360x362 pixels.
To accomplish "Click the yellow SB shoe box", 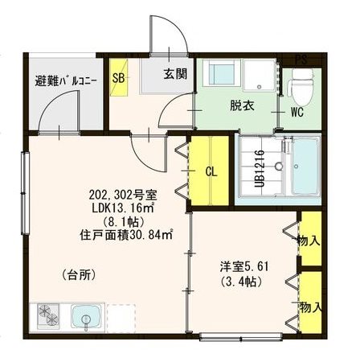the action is tap(119, 77).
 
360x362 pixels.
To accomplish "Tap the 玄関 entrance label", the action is tap(175, 74).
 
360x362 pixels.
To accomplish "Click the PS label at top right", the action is tap(301, 60).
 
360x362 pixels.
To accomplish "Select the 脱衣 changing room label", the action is tap(242, 106).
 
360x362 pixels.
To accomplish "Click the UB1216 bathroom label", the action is tap(260, 169).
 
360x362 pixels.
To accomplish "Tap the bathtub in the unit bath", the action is tap(305, 167).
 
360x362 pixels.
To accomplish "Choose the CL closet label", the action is tap(211, 172).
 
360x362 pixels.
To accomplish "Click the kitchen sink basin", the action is tap(85, 317).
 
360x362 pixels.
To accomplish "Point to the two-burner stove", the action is tap(48, 316).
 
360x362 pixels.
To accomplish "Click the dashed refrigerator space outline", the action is tap(121, 318).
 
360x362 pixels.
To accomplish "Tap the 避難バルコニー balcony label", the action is tap(66, 81).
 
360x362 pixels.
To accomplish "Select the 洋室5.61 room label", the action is tap(244, 267).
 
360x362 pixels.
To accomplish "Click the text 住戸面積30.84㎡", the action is tap(126, 235).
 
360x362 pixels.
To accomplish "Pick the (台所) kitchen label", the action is tap(79, 275).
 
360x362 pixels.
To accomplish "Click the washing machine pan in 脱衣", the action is tap(260, 76).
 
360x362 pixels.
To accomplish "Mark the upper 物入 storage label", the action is tap(309, 241).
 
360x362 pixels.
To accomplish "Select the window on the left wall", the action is tap(26, 193).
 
